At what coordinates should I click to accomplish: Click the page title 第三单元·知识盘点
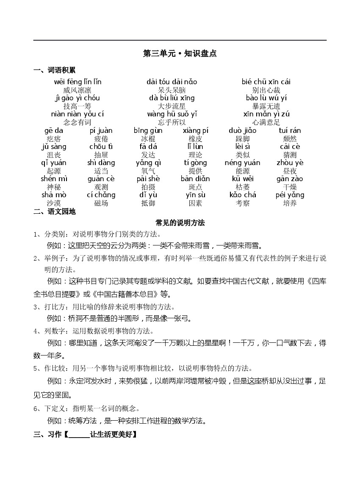(x=180, y=54)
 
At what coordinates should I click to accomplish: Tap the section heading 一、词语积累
(x=55, y=70)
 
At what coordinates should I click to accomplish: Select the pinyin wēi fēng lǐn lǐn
(x=78, y=82)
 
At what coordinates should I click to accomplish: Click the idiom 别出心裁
(x=266, y=90)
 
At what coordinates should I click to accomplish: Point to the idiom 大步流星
(x=172, y=106)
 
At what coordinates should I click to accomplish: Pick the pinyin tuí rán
(x=290, y=130)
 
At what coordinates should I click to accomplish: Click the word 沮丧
(x=54, y=155)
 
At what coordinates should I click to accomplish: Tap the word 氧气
(x=148, y=171)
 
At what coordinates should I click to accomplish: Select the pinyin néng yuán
(x=243, y=163)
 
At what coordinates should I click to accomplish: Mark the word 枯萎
(x=243, y=187)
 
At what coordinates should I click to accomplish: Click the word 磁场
(x=101, y=203)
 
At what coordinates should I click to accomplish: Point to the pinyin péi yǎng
(x=290, y=195)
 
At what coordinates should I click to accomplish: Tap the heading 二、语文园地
(x=55, y=212)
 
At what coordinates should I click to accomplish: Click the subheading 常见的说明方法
(x=180, y=223)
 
